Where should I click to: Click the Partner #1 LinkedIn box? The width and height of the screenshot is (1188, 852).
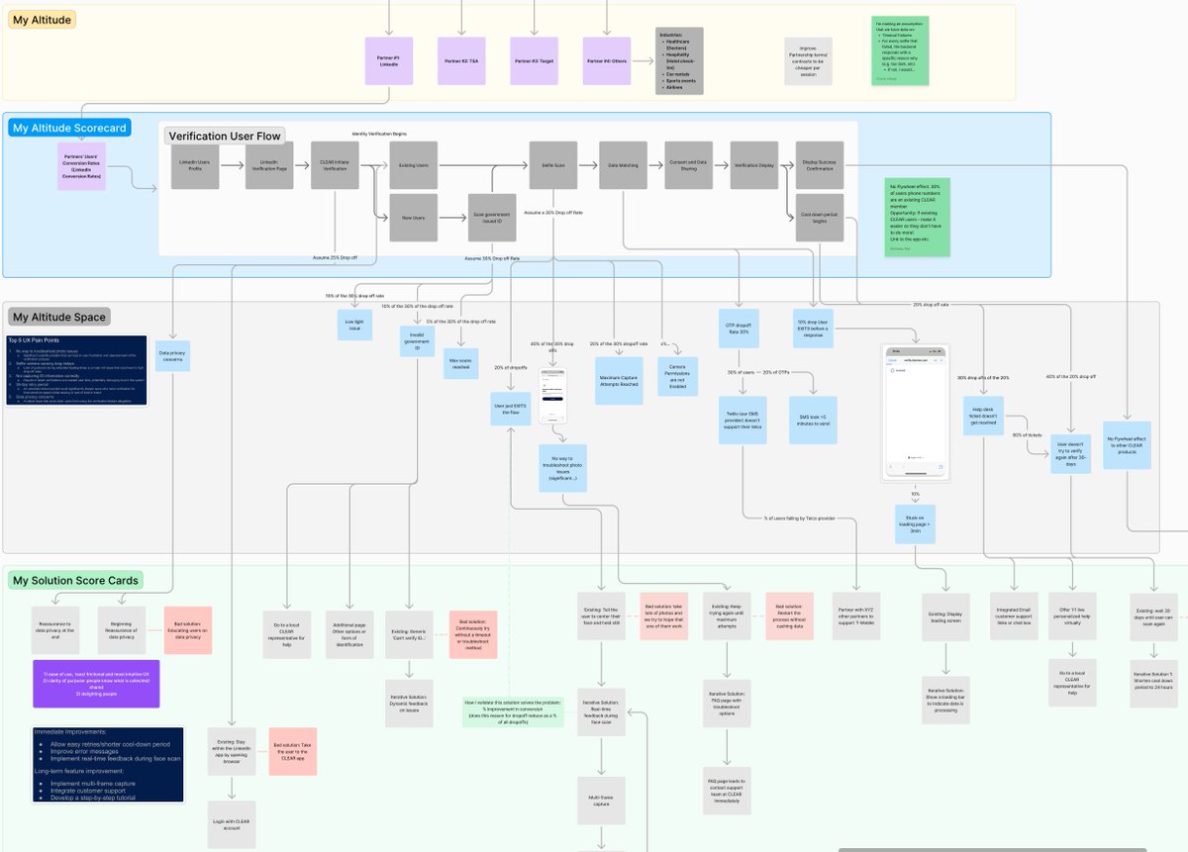pos(389,61)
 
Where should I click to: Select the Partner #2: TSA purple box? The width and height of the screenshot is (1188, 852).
pos(461,61)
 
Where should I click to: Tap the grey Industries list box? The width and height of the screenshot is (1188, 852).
pos(679,61)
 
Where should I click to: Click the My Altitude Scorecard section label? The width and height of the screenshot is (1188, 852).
pos(69,128)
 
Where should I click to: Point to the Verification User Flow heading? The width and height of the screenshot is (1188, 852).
pos(225,137)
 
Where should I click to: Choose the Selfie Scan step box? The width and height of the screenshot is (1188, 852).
pos(552,165)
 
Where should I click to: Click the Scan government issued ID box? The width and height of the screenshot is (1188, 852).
pos(492,217)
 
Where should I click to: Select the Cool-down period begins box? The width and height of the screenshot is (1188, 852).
pos(820,217)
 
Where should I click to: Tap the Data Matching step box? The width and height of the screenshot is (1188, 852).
pos(623,165)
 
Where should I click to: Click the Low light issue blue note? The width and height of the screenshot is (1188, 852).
pos(354,325)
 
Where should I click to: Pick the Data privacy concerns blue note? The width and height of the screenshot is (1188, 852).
pos(172,355)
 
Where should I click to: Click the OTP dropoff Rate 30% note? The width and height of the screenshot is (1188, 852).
pos(738,330)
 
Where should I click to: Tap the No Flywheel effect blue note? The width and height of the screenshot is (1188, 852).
pos(1127,444)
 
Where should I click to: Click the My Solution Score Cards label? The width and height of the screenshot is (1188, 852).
pos(75,580)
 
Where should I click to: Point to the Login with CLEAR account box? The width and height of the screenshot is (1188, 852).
pos(232,824)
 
